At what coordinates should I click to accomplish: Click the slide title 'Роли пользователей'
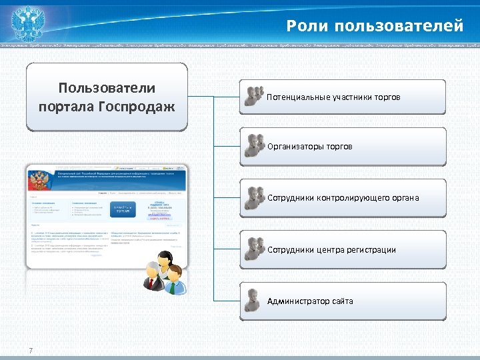coord(375,26)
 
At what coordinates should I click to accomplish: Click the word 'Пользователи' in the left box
coord(107,89)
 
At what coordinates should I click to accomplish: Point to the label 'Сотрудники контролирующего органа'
coord(343,198)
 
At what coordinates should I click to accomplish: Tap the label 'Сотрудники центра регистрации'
coord(331,250)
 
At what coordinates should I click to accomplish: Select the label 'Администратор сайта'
coord(310,301)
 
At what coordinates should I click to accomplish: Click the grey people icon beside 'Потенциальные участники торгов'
coord(253,96)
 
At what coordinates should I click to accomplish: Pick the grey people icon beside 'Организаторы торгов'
coord(253,145)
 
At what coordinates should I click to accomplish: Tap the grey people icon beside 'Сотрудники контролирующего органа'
coord(253,198)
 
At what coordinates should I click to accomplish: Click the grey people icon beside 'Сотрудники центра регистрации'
coord(253,249)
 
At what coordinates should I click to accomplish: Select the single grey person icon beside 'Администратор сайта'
coord(252,301)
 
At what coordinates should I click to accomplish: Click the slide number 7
coord(31,351)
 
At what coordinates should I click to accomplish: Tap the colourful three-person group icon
coord(163,275)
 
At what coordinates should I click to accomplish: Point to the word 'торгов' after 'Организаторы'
coord(338,146)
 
